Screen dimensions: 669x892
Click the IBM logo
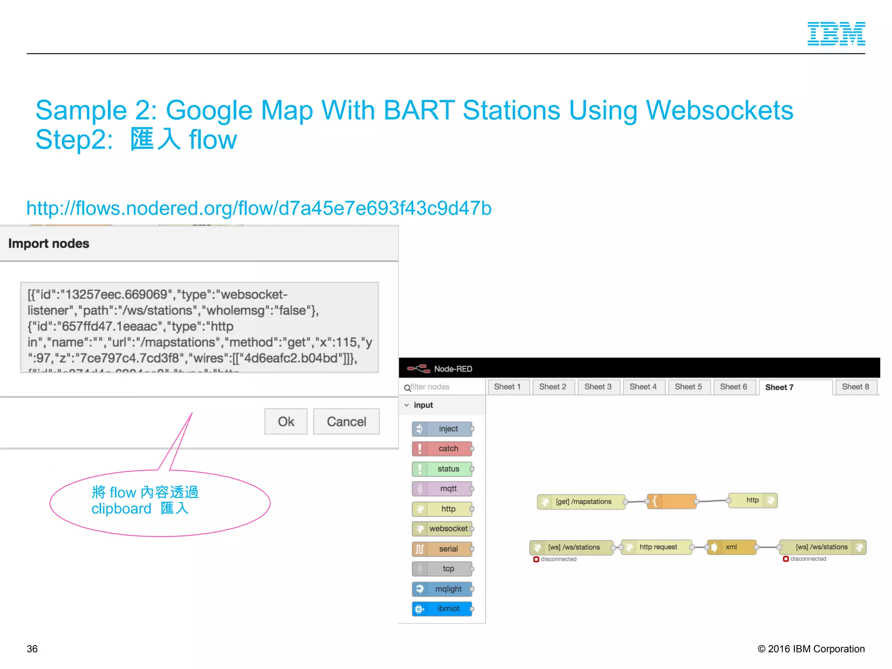pyautogui.click(x=836, y=34)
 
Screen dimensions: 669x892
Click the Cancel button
pyautogui.click(x=346, y=421)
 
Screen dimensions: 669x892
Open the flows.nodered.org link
pyautogui.click(x=259, y=208)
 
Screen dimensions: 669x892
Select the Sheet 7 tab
pyautogui.click(x=779, y=387)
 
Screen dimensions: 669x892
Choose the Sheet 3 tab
pyautogui.click(x=598, y=387)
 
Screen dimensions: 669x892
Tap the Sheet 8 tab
pyautogui.click(x=855, y=387)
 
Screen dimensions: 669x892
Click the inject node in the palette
pyautogui.click(x=443, y=429)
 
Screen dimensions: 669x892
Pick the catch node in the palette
pyautogui.click(x=443, y=449)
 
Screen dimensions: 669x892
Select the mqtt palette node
pyautogui.click(x=443, y=489)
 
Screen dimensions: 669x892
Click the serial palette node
pyautogui.click(x=443, y=549)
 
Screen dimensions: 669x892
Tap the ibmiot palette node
pyautogui.click(x=443, y=609)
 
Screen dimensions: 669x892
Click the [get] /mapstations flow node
pyautogui.click(x=581, y=502)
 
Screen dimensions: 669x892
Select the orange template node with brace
pyautogui.click(x=672, y=501)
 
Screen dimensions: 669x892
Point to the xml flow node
pyautogui.click(x=732, y=547)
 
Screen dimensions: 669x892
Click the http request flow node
pyautogui.click(x=657, y=547)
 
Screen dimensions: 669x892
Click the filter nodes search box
pyautogui.click(x=444, y=387)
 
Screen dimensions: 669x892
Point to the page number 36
pyautogui.click(x=32, y=649)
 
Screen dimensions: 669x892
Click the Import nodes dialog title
pyautogui.click(x=49, y=243)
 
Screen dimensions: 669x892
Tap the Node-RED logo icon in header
pyautogui.click(x=419, y=369)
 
